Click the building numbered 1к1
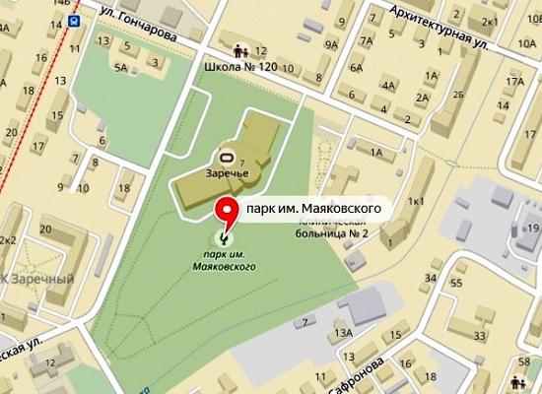tap(417, 201)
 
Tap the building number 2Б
tap(457, 94)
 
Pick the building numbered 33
tap(479, 336)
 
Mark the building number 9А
tap(331, 45)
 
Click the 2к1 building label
tap(488, 20)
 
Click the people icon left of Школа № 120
tap(239, 50)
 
